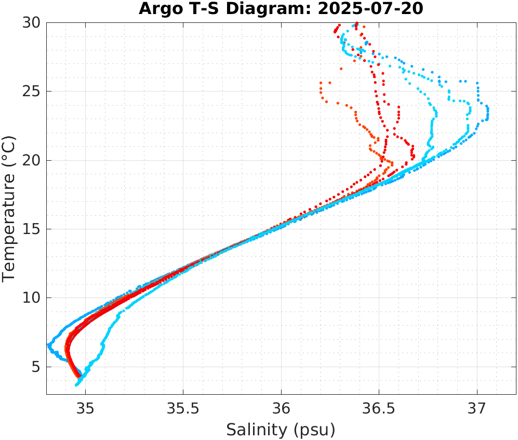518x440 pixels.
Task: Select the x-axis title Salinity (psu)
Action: tap(281, 430)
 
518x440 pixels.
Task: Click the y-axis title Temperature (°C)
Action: tap(9, 208)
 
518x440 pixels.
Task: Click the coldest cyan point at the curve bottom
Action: tap(77, 385)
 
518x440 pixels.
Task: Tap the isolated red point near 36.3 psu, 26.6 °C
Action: tap(341, 69)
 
